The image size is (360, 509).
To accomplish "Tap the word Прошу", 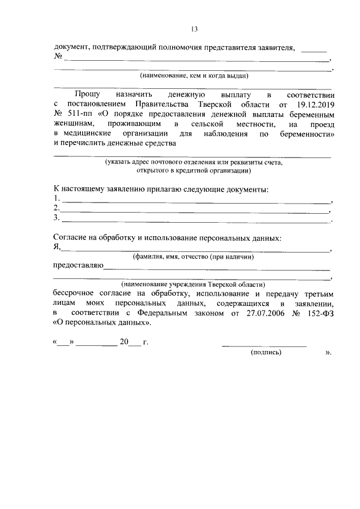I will [87, 95].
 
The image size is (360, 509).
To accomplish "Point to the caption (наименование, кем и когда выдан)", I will [194, 75].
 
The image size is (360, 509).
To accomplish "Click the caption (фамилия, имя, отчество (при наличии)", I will [193, 256].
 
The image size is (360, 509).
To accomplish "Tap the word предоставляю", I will [78, 266].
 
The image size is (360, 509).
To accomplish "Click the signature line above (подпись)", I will [264, 345].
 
